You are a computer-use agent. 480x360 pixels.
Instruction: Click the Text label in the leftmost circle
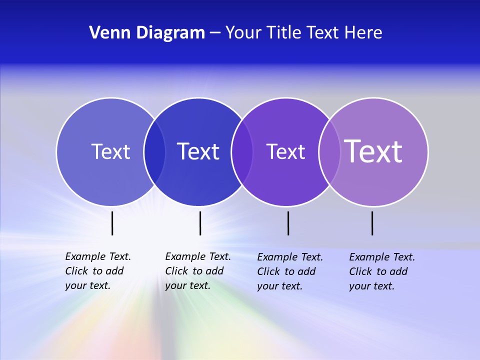pyautogui.click(x=110, y=151)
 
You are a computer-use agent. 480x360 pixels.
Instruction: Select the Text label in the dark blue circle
pyautogui.click(x=198, y=151)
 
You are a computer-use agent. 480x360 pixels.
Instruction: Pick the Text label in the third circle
pyautogui.click(x=285, y=152)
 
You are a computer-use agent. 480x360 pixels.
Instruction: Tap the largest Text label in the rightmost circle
pyautogui.click(x=373, y=151)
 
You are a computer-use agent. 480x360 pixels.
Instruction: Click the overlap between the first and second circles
pyautogui.click(x=154, y=152)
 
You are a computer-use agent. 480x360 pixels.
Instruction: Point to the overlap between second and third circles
pyautogui.click(x=242, y=152)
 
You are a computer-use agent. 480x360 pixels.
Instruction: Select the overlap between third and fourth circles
pyautogui.click(x=329, y=152)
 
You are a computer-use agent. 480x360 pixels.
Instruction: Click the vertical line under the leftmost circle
pyautogui.click(x=112, y=223)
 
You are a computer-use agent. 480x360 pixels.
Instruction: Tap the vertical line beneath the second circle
pyautogui.click(x=200, y=223)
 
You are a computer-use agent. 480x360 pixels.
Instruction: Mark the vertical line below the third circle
pyautogui.click(x=288, y=223)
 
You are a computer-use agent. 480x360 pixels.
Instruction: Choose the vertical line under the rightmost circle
pyautogui.click(x=372, y=223)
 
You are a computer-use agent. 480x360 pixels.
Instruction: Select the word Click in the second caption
pyautogui.click(x=176, y=271)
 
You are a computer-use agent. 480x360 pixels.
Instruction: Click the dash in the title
pyautogui.click(x=215, y=33)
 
